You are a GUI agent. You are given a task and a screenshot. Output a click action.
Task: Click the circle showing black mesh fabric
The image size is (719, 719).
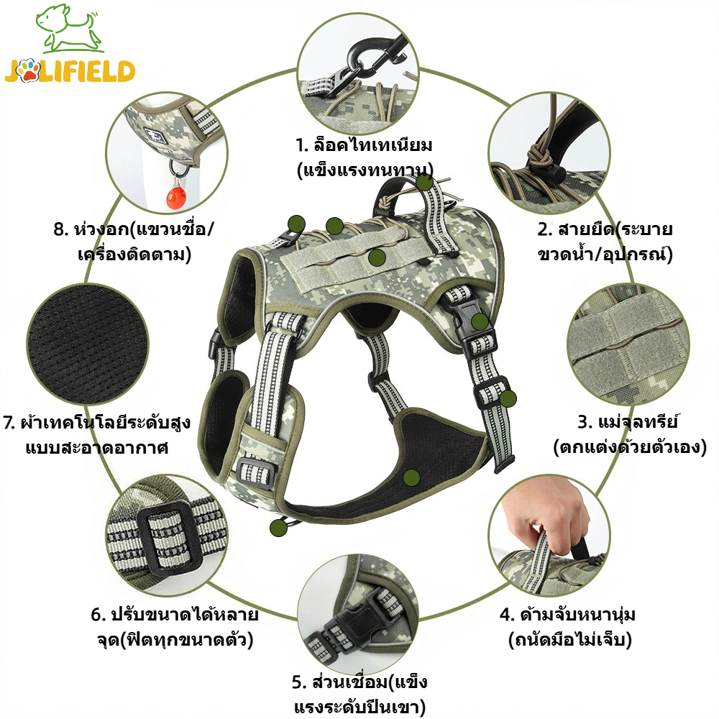click(x=88, y=344)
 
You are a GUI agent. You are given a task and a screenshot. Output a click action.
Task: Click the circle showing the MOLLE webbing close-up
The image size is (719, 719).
click(x=628, y=344)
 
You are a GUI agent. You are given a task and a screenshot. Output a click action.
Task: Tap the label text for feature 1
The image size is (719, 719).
click(x=365, y=157)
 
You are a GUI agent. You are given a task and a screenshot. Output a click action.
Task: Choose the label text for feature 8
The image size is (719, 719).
click(x=134, y=242)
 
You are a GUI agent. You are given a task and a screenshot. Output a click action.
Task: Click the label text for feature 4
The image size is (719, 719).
click(x=569, y=627)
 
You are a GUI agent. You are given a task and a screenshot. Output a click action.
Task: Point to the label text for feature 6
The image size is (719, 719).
click(x=175, y=627)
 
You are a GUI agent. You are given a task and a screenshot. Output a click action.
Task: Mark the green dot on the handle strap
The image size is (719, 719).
click(x=425, y=183)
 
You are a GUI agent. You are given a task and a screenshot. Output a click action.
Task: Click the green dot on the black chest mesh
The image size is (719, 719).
click(x=411, y=478)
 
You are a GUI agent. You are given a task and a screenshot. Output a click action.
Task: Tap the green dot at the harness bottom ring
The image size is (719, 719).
click(x=279, y=528)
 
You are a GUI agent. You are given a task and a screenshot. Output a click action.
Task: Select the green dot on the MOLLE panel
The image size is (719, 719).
click(x=377, y=258)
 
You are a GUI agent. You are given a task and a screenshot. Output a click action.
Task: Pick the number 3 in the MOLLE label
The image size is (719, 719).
click(x=584, y=421)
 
